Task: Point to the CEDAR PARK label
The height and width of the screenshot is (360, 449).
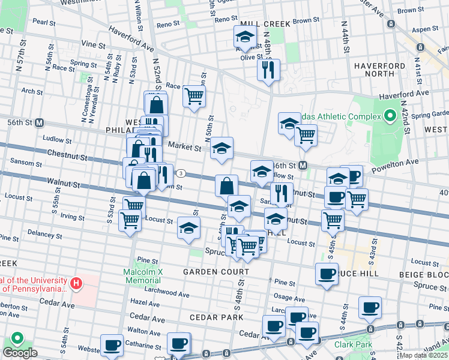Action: tap(217, 317)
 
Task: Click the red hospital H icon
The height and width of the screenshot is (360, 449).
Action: tap(76, 283)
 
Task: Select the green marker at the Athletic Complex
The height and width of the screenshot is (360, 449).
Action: tap(390, 116)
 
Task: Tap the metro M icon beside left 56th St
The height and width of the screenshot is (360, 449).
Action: tap(40, 123)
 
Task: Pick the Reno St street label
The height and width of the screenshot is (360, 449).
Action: tap(168, 25)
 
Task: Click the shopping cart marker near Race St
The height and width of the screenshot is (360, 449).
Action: tap(194, 95)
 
